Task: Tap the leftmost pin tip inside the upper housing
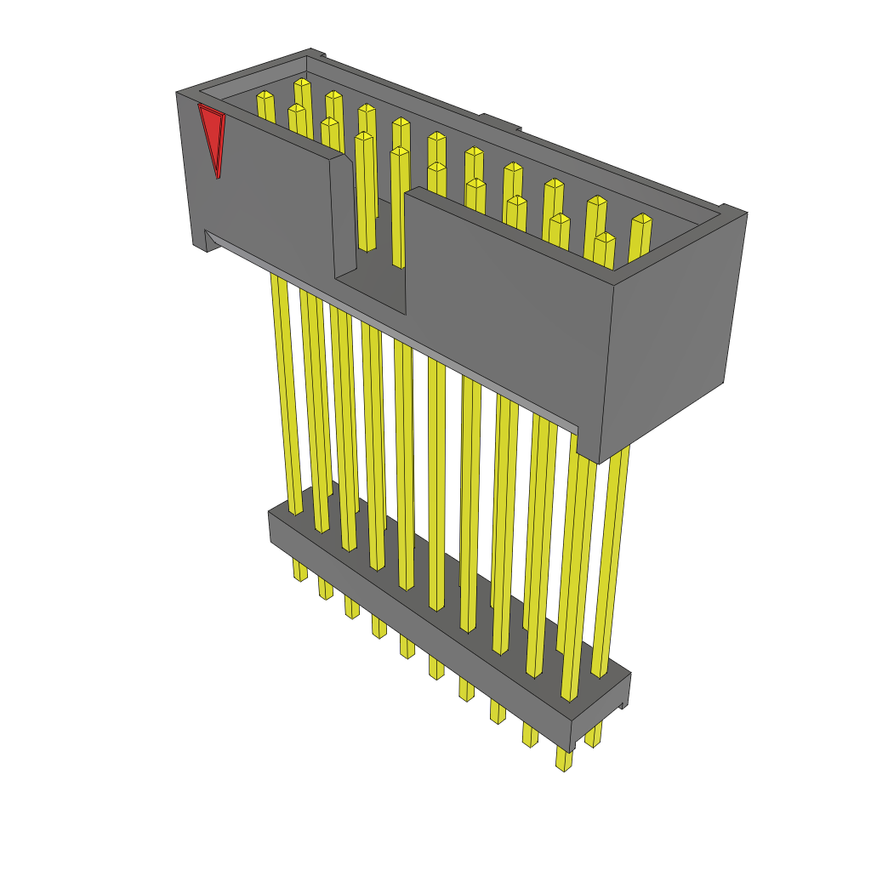265,96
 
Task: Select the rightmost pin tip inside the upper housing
641,220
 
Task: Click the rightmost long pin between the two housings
612,561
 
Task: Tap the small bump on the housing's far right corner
731,209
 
